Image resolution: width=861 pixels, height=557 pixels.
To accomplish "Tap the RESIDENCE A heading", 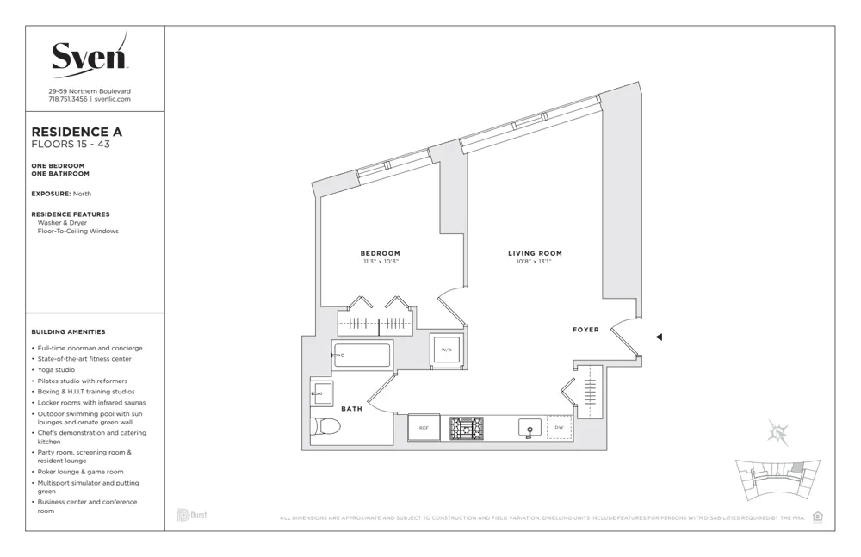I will click(77, 132).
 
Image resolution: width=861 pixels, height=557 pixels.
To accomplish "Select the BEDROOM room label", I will click(380, 252).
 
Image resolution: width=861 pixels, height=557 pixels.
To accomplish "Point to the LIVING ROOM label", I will click(535, 253).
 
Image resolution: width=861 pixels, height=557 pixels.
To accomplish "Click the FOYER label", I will click(585, 330).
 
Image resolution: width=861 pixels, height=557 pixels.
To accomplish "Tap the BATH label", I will click(351, 409).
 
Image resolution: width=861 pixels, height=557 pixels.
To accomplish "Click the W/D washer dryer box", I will click(447, 350).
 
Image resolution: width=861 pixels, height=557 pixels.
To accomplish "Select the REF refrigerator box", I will click(424, 427).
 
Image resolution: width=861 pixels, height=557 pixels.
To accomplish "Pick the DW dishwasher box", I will click(559, 427).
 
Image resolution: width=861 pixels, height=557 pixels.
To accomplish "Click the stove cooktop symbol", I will click(467, 427).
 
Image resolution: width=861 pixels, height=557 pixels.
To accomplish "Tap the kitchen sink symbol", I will click(530, 428).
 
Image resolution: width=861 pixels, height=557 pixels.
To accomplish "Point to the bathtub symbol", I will click(362, 354).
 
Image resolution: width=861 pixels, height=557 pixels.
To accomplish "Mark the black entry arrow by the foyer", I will click(659, 337).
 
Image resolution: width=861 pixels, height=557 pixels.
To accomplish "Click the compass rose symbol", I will click(779, 433).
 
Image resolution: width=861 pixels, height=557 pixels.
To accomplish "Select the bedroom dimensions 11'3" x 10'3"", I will click(380, 261).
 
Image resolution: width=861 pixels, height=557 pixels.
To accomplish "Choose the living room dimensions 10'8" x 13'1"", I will click(535, 262).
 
